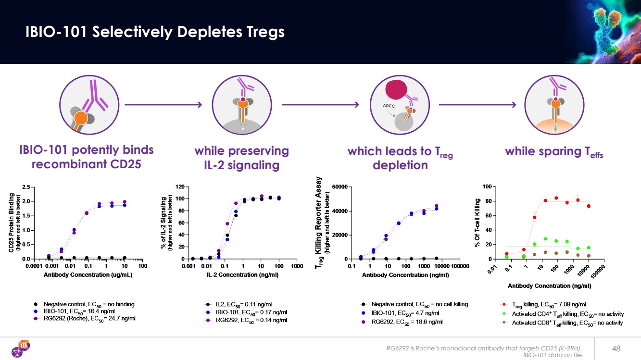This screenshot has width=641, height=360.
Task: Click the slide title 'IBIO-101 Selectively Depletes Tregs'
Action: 155,32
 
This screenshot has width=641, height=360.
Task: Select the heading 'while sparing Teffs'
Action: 553,151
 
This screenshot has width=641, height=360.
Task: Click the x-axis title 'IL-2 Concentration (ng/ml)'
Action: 242,275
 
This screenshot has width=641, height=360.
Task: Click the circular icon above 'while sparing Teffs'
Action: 554,105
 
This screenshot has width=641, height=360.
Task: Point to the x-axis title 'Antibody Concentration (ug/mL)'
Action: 88,275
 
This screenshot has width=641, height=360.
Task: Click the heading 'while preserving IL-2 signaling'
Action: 241,158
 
